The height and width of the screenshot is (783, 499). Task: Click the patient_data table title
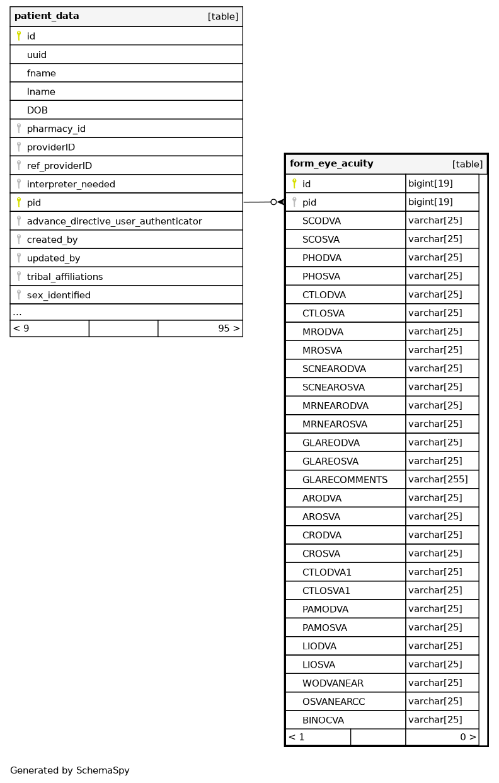coord(47,16)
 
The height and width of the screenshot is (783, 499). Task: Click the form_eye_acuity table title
coord(331,164)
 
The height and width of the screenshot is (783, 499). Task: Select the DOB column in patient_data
coord(37,110)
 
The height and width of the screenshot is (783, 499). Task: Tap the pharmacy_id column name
coord(56,129)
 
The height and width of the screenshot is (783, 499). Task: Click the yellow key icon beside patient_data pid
coord(19,202)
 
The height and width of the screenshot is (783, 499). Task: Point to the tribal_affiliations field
coord(64,277)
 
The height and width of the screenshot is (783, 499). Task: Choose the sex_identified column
coord(59,295)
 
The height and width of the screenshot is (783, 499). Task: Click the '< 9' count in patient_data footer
coord(21,328)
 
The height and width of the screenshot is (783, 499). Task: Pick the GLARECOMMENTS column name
coord(345,480)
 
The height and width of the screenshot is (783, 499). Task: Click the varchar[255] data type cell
coord(438,480)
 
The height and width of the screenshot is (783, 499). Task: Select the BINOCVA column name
coord(323,720)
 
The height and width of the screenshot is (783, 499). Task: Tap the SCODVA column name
coord(321,221)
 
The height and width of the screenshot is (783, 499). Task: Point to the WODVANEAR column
coord(333,683)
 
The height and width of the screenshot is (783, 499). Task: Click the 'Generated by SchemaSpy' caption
coord(69,770)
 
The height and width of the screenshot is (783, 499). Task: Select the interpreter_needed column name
coord(71,185)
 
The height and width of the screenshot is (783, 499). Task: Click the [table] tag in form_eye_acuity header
coord(467,165)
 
